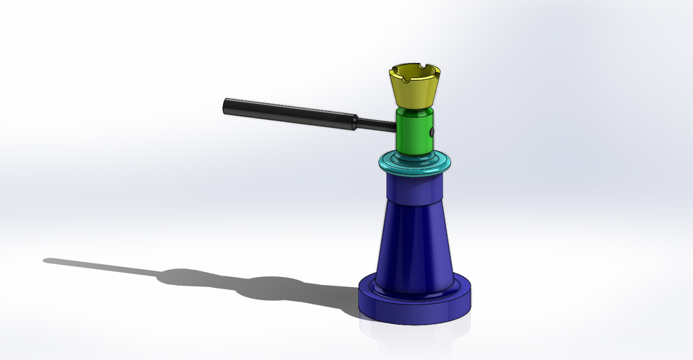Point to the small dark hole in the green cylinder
[x=431, y=133]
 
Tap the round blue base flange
[x=417, y=307]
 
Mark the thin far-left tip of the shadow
[x=48, y=260]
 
